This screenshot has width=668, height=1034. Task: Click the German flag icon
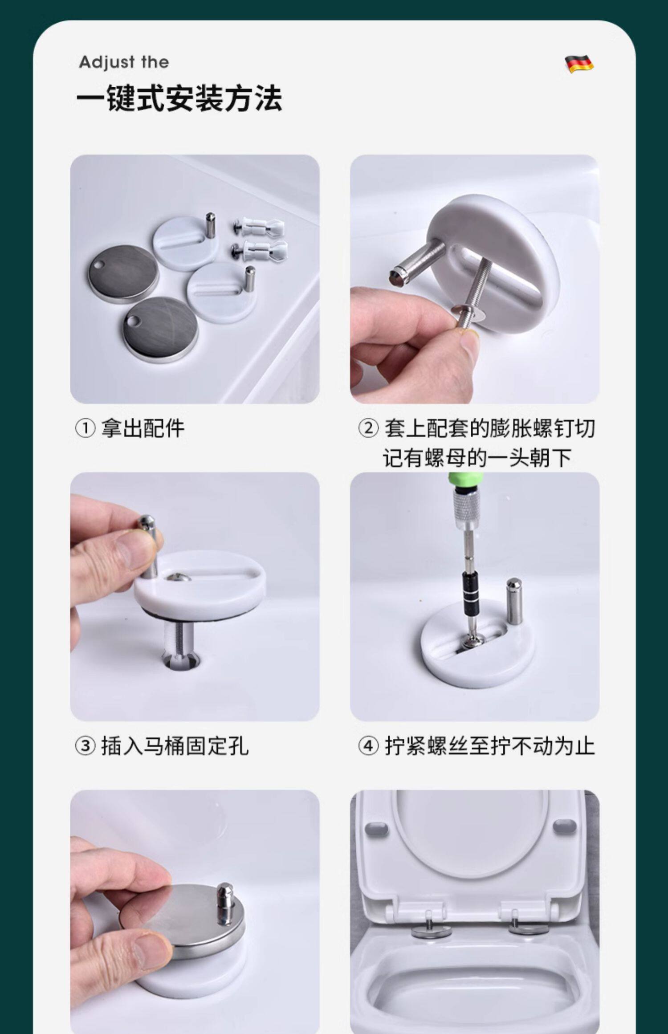pos(579,63)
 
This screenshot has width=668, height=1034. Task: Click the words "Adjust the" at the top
pos(124,62)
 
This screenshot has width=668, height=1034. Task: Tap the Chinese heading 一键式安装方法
pos(179,98)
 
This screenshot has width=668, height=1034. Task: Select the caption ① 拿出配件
pos(130,428)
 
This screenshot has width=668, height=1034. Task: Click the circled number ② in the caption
pos(369,429)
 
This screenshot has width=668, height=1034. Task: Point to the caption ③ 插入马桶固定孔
pos(162,746)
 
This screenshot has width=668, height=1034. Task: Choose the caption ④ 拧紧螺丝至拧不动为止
pos(477,746)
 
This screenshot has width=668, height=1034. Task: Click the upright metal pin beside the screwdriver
pos(514,601)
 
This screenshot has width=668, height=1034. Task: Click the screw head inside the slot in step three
pos(178,578)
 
